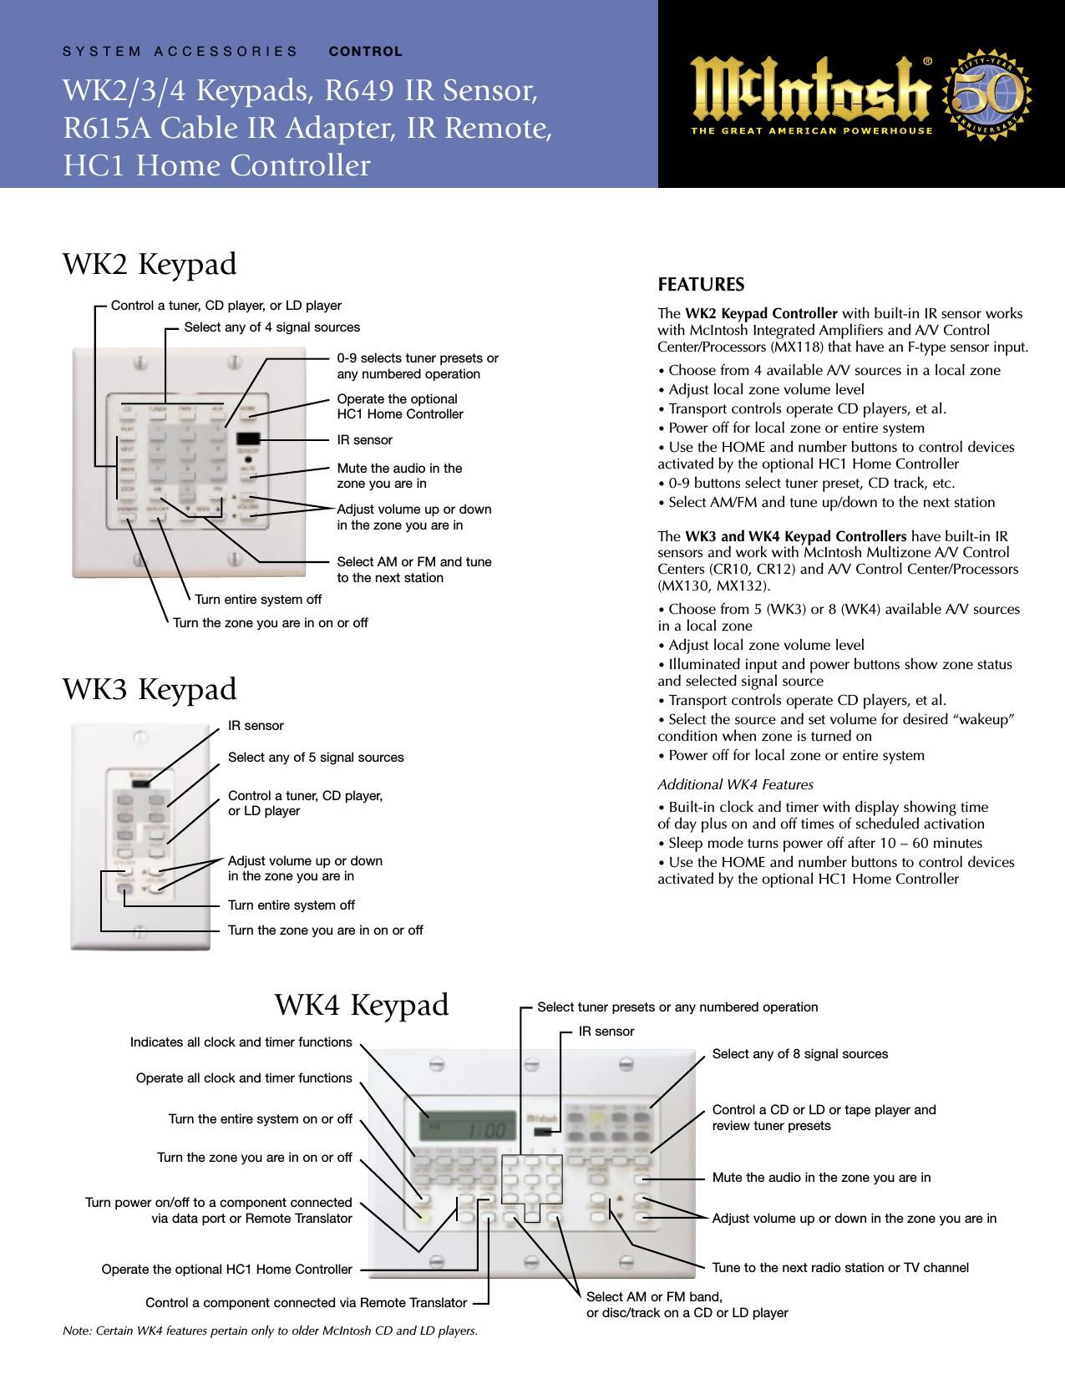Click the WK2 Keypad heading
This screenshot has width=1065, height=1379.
point(150,264)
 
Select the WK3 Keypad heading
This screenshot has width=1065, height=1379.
point(150,689)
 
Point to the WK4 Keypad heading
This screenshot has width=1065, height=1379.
point(362,1004)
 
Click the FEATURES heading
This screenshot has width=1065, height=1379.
point(701,285)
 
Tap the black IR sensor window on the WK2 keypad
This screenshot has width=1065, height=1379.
point(247,439)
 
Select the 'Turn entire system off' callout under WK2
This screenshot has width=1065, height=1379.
point(258,600)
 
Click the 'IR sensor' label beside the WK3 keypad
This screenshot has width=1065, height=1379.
point(256,726)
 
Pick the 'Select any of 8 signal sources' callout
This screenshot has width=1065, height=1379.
point(799,1054)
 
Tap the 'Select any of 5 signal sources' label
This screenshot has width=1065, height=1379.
point(316,758)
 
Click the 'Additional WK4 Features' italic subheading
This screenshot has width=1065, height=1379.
point(735,785)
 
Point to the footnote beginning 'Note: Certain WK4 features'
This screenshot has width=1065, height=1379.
point(270,1331)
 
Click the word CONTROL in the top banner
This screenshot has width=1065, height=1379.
point(366,51)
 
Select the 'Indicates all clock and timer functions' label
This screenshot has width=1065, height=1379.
point(241,1042)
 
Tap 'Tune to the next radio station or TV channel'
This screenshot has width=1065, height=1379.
point(840,1268)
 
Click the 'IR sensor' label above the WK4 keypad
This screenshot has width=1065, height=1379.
point(606,1032)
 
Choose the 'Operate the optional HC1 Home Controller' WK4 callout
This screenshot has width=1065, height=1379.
point(226,1270)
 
